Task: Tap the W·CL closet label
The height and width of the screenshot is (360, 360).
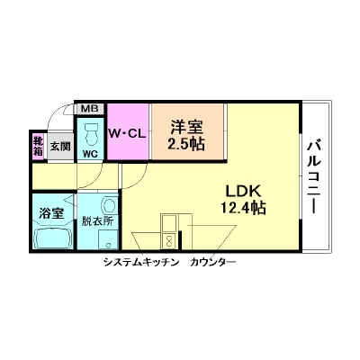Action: (128, 134)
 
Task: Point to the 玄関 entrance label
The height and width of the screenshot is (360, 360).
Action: (60, 146)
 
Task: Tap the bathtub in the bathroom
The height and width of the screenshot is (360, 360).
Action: (53, 239)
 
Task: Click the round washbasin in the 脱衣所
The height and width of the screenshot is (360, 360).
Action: (109, 203)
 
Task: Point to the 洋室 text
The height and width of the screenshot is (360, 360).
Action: (186, 127)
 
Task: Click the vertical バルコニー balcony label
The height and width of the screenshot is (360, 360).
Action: (314, 176)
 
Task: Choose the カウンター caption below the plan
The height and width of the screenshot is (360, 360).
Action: (213, 263)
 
